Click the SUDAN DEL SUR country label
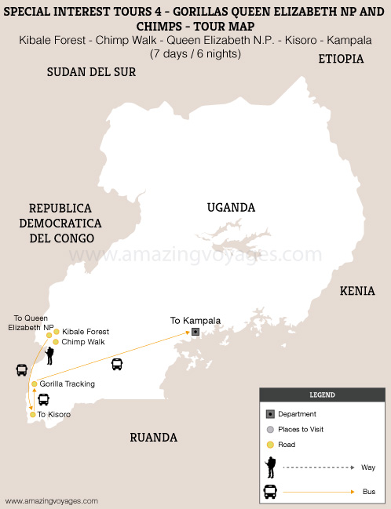tap(91, 72)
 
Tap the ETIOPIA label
tap(340, 59)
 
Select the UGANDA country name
tap(231, 207)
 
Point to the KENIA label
tap(357, 291)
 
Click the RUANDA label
tap(153, 438)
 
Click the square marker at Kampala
tap(195, 332)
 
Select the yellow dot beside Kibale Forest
tap(57, 332)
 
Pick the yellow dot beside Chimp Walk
tap(56, 342)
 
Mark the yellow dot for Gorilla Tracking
tap(35, 384)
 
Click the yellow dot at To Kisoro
tap(33, 414)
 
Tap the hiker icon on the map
tap(49, 355)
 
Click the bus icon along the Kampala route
tap(117, 364)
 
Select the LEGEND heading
tap(322, 395)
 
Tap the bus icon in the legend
tap(270, 492)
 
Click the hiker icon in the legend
tap(270, 467)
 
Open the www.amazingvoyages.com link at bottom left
tap(52, 500)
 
